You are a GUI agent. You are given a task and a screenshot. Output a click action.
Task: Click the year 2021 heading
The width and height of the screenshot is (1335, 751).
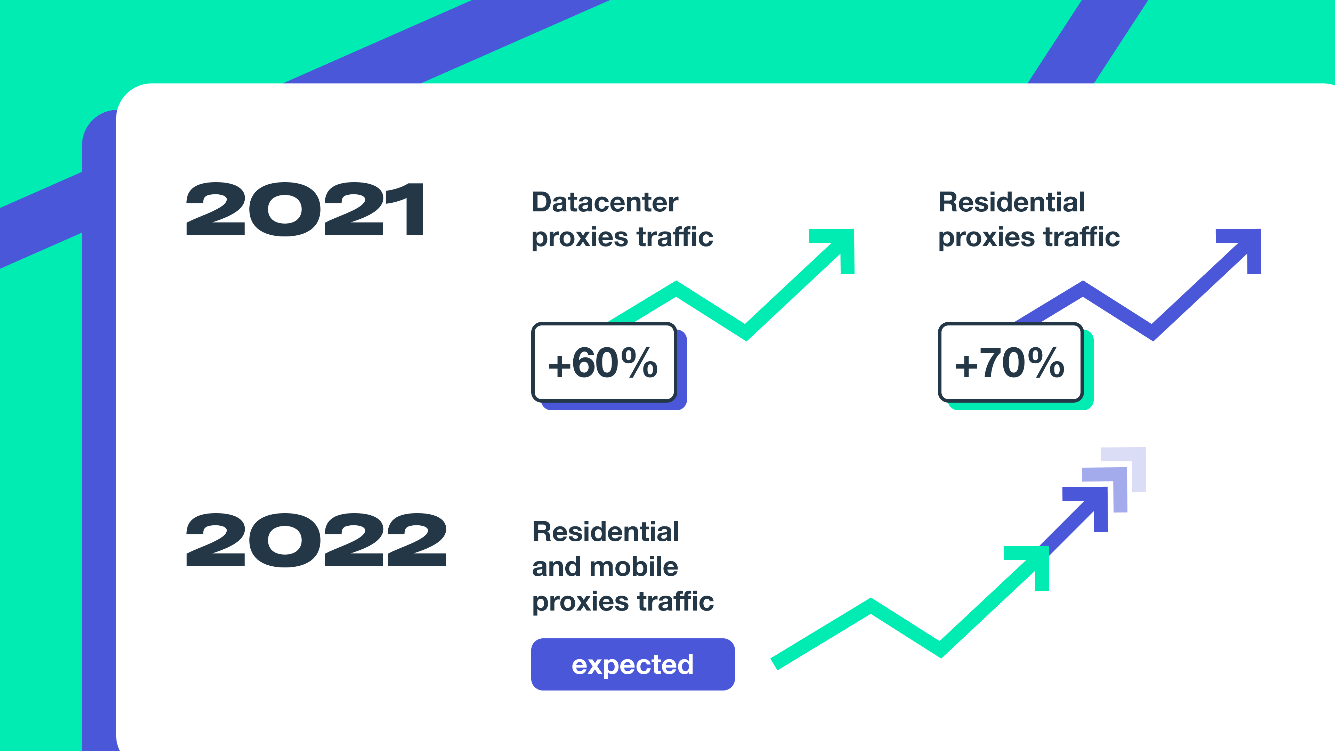click(305, 209)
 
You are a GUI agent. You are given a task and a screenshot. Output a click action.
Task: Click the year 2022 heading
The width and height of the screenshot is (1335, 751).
click(316, 540)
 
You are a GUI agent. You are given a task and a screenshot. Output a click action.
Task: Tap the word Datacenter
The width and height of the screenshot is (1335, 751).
click(605, 202)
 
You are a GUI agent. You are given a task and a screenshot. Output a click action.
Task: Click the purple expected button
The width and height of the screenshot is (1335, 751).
click(633, 664)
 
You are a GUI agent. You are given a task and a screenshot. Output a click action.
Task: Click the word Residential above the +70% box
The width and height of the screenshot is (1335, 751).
click(1012, 202)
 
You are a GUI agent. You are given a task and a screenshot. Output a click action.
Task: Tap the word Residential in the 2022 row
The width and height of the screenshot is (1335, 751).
click(605, 532)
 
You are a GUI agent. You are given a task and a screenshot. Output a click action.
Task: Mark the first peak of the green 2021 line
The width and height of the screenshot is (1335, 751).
click(676, 284)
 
